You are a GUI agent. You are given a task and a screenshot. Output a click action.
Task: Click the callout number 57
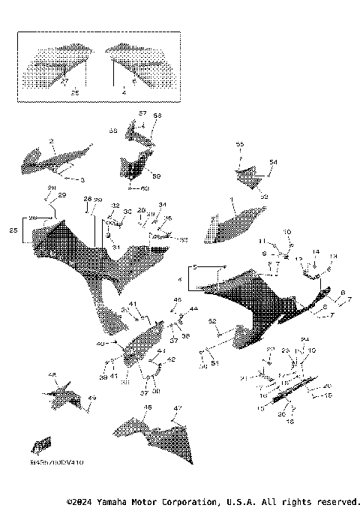click(x=142, y=113)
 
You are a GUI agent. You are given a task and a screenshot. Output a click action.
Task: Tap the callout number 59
click(x=157, y=176)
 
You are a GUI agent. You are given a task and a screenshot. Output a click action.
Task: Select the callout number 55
click(x=240, y=143)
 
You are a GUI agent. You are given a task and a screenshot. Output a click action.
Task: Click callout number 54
click(x=273, y=161)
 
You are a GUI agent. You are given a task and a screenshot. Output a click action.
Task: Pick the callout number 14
click(x=316, y=252)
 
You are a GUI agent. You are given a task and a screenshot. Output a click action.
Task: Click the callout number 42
click(x=171, y=360)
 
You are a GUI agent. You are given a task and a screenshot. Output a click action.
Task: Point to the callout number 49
click(x=92, y=398)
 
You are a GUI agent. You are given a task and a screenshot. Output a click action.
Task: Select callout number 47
click(x=177, y=408)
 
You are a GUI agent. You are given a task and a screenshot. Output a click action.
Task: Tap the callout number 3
click(x=82, y=180)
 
